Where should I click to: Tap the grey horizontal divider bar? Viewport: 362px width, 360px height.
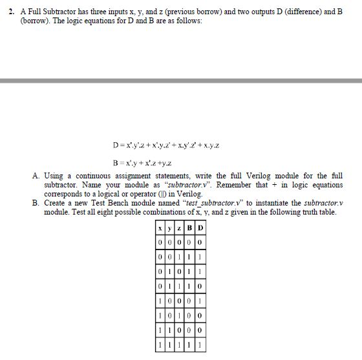[181, 81]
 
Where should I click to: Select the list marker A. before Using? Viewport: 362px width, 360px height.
[36, 176]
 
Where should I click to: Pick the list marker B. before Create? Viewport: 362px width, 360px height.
[36, 203]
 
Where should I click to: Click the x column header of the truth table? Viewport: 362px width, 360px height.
[159, 228]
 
